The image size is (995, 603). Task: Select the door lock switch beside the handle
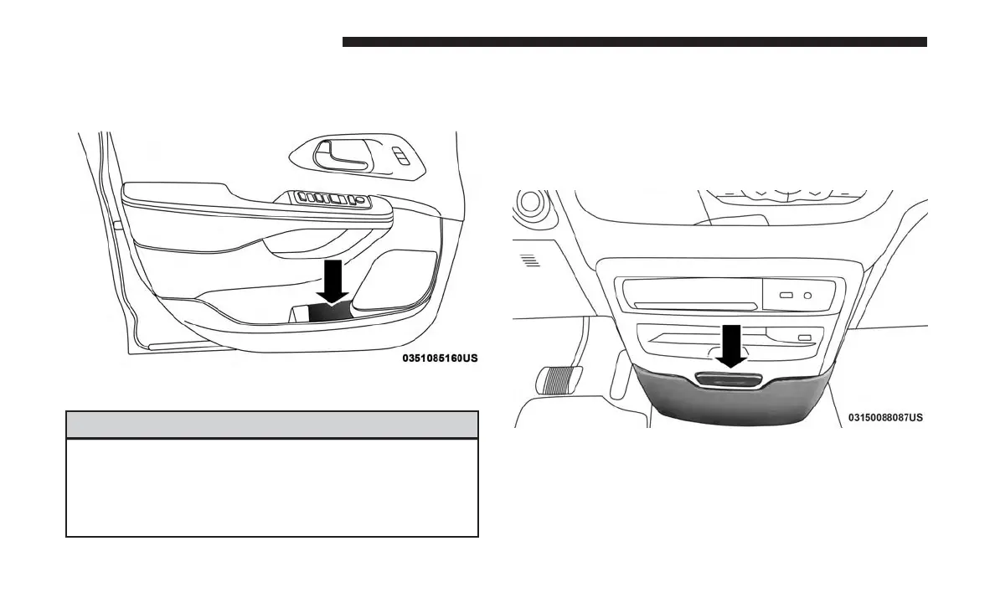402,157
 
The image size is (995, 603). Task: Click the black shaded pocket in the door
330,312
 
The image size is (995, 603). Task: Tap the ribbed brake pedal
554,379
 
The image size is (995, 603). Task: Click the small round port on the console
807,294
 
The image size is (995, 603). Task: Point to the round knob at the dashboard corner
529,203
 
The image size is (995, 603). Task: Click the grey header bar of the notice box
272,425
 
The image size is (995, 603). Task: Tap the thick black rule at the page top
634,42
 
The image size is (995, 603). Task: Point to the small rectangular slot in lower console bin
804,337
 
